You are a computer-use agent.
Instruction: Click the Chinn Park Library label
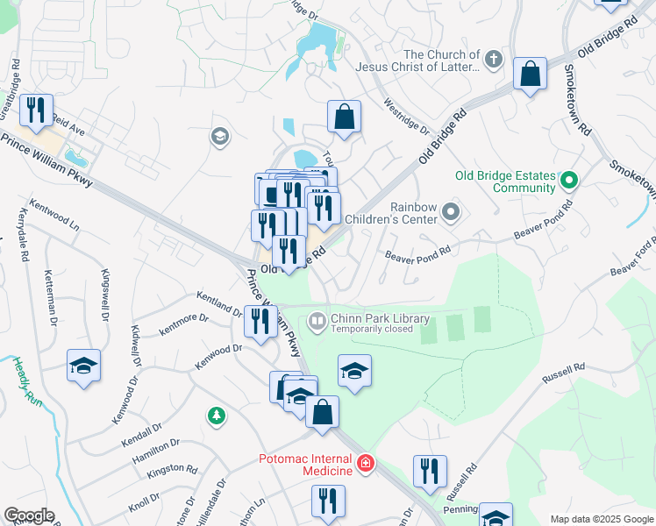(x=380, y=319)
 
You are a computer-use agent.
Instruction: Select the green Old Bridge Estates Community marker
(x=569, y=181)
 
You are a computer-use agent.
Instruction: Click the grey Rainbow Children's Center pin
(x=451, y=211)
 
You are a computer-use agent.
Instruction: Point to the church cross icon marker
(x=494, y=60)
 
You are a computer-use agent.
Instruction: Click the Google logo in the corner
(x=29, y=515)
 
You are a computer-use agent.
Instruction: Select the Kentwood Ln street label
(x=54, y=215)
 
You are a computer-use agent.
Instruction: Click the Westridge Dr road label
(x=406, y=115)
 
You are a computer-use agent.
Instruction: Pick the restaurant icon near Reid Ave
(x=36, y=110)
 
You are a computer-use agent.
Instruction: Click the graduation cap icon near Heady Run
(x=83, y=366)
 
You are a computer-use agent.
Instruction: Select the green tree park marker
(x=215, y=415)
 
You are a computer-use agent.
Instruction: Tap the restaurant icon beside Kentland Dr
(x=260, y=322)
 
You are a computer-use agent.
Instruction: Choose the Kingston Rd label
(x=170, y=470)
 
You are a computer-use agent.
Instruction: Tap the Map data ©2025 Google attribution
(x=602, y=519)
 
